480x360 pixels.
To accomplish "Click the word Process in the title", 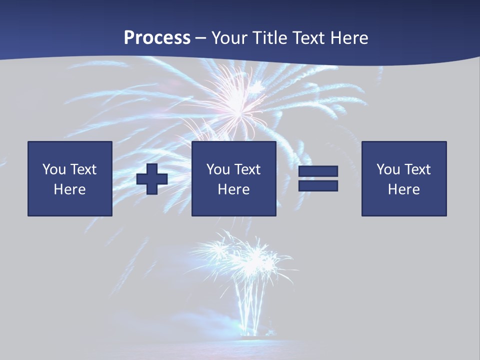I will point(157,38).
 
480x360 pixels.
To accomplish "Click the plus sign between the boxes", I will point(152,179).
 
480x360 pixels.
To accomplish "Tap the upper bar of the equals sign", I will point(318,171).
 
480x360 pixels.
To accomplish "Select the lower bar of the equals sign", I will point(318,186).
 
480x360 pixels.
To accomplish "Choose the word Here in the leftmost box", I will point(69,189).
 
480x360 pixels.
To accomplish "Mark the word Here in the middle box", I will point(233,189).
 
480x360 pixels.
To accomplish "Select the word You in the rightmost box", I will point(388,169).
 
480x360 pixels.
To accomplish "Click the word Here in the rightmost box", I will point(403,189).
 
